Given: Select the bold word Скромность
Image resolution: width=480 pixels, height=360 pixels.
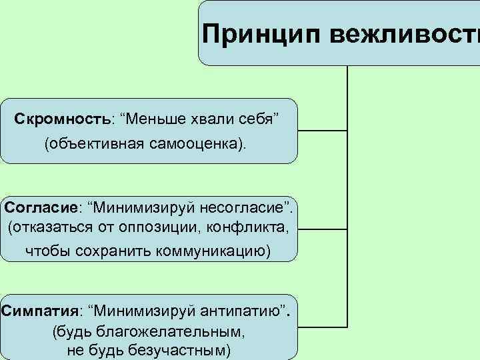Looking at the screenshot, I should [x=63, y=118].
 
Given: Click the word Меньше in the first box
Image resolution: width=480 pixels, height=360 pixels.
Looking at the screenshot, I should [x=154, y=118].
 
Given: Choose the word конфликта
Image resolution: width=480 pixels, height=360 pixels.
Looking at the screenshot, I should [x=250, y=227].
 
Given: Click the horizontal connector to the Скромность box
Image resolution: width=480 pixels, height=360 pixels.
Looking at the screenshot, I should [x=322, y=130].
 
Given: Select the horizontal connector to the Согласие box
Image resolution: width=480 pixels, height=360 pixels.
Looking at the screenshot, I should [x=322, y=229].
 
